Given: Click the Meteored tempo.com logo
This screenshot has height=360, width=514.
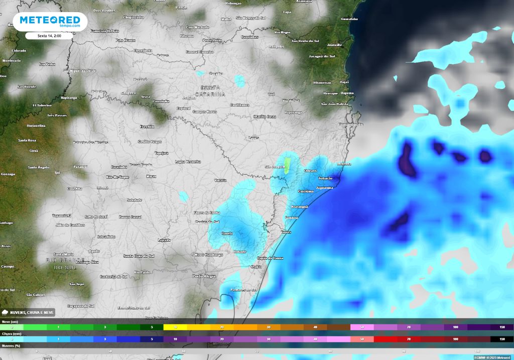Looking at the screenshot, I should (49, 22).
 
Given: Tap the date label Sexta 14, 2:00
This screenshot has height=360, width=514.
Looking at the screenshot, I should (49, 36).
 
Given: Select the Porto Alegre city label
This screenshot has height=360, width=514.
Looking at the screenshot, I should (204, 276).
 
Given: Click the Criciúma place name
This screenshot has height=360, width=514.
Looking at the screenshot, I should (305, 191).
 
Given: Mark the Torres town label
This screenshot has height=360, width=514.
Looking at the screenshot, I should (286, 232).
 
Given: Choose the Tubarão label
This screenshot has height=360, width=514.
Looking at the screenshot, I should (325, 178).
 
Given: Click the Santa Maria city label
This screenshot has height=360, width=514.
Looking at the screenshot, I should (64, 254).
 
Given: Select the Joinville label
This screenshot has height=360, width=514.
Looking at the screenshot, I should (334, 45).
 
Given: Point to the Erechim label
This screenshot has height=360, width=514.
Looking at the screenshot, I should (147, 127).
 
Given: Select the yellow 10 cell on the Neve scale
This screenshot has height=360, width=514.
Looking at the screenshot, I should (175, 327).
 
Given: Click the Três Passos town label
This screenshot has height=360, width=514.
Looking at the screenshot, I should (57, 115).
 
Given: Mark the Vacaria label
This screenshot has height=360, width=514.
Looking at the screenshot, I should (220, 180).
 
